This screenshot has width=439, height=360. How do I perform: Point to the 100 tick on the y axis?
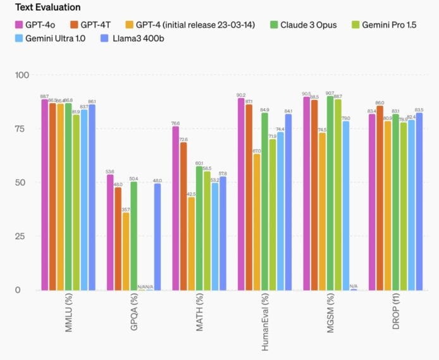(22, 75)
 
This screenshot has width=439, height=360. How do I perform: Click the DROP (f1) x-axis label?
(395, 319)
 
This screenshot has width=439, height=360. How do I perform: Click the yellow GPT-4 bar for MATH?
(191, 244)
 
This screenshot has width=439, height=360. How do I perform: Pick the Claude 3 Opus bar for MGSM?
(330, 193)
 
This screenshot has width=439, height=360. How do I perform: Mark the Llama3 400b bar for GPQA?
(158, 237)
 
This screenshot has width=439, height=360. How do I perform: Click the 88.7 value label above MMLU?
(44, 96)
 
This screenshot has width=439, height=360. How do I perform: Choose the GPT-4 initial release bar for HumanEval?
(256, 221)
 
